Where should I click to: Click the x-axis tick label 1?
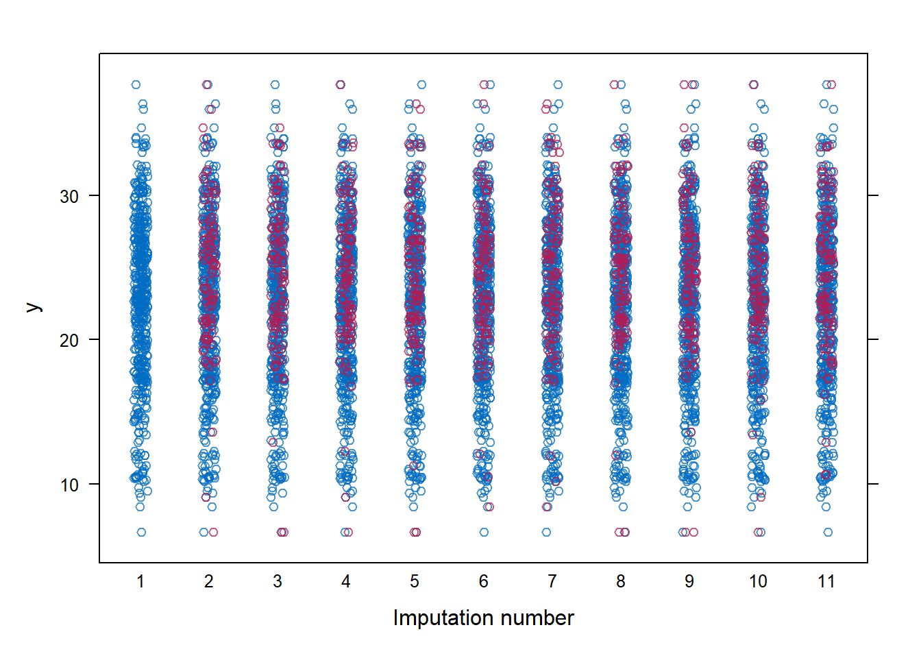click(x=140, y=582)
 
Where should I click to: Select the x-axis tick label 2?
click(x=209, y=582)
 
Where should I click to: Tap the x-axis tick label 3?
click(x=278, y=582)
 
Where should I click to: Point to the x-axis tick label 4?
click(x=346, y=582)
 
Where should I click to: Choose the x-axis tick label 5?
click(x=415, y=582)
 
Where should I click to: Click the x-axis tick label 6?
click(x=484, y=582)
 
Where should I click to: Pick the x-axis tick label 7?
click(x=552, y=582)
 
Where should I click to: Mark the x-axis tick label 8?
click(x=621, y=582)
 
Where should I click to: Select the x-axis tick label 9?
click(x=689, y=582)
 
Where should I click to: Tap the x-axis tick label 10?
click(x=758, y=582)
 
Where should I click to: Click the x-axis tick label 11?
click(x=826, y=582)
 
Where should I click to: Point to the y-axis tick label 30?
click(x=69, y=197)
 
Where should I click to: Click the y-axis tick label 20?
click(x=69, y=341)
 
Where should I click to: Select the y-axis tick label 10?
click(x=69, y=485)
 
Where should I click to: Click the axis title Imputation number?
click(x=483, y=618)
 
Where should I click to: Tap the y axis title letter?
click(x=33, y=308)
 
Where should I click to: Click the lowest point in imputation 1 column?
click(x=141, y=533)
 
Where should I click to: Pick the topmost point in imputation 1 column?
click(x=136, y=85)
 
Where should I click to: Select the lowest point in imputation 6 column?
click(x=484, y=533)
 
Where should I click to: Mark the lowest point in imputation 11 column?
click(x=828, y=533)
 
